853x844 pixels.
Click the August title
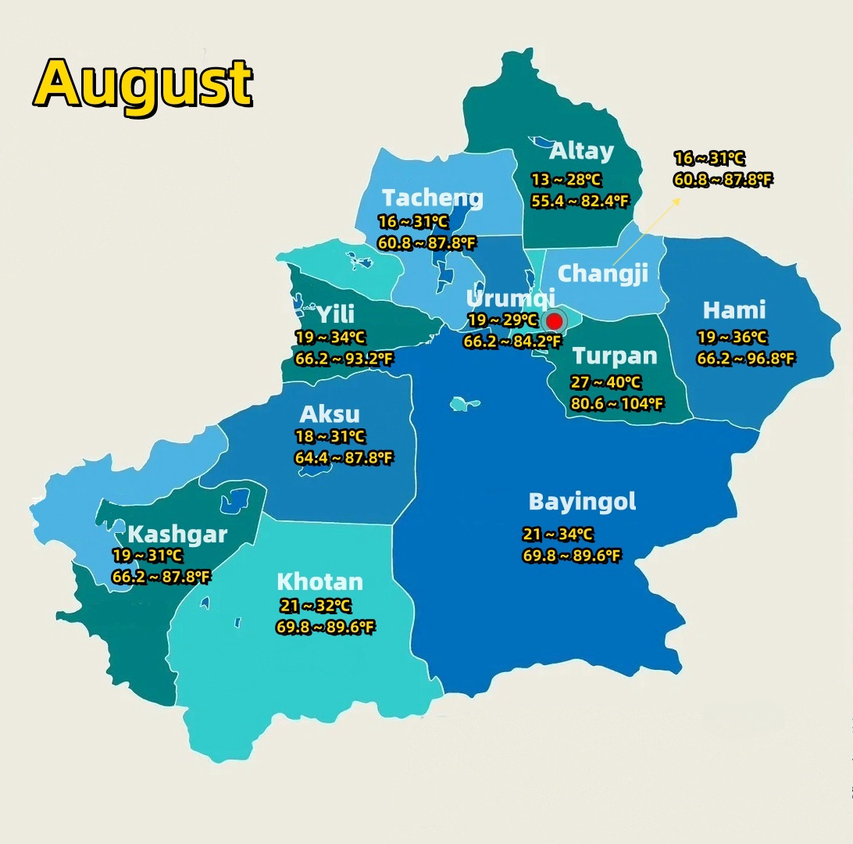coord(144,83)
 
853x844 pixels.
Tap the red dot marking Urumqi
coord(555,321)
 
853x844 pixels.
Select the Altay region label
coord(581,151)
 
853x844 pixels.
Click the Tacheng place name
coord(433,198)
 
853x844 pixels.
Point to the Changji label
coord(603,274)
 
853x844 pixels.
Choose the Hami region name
coord(734,310)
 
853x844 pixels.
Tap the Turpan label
coord(615,356)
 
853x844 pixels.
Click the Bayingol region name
coord(582,502)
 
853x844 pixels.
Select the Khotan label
coord(319,582)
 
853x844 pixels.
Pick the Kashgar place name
coord(177,535)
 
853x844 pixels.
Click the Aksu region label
coord(330,414)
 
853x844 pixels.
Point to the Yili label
coord(335,314)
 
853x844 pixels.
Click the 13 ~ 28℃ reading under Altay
coord(566,180)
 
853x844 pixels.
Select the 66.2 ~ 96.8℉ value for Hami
coord(746,359)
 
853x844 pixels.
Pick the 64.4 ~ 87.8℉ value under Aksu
coord(344,458)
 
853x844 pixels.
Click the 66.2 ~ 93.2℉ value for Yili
coord(344,359)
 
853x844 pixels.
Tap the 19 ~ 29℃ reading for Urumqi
coord(503,320)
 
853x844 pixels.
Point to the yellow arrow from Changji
coord(645,231)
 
